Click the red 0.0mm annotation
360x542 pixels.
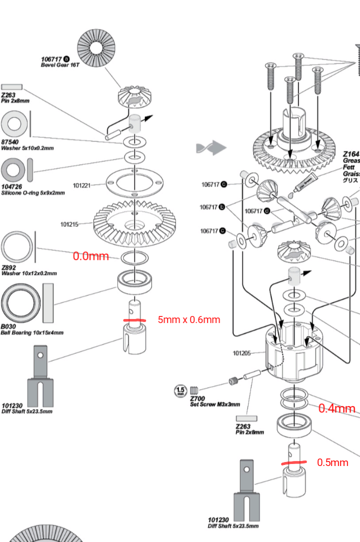[90, 256]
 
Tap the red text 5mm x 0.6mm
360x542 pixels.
[188, 319]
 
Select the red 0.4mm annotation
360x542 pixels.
[336, 408]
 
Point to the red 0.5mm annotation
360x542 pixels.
[332, 462]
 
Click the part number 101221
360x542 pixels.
[81, 185]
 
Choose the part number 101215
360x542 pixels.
[69, 224]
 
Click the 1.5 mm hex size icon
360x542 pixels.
[180, 390]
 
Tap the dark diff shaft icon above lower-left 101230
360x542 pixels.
[40, 376]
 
